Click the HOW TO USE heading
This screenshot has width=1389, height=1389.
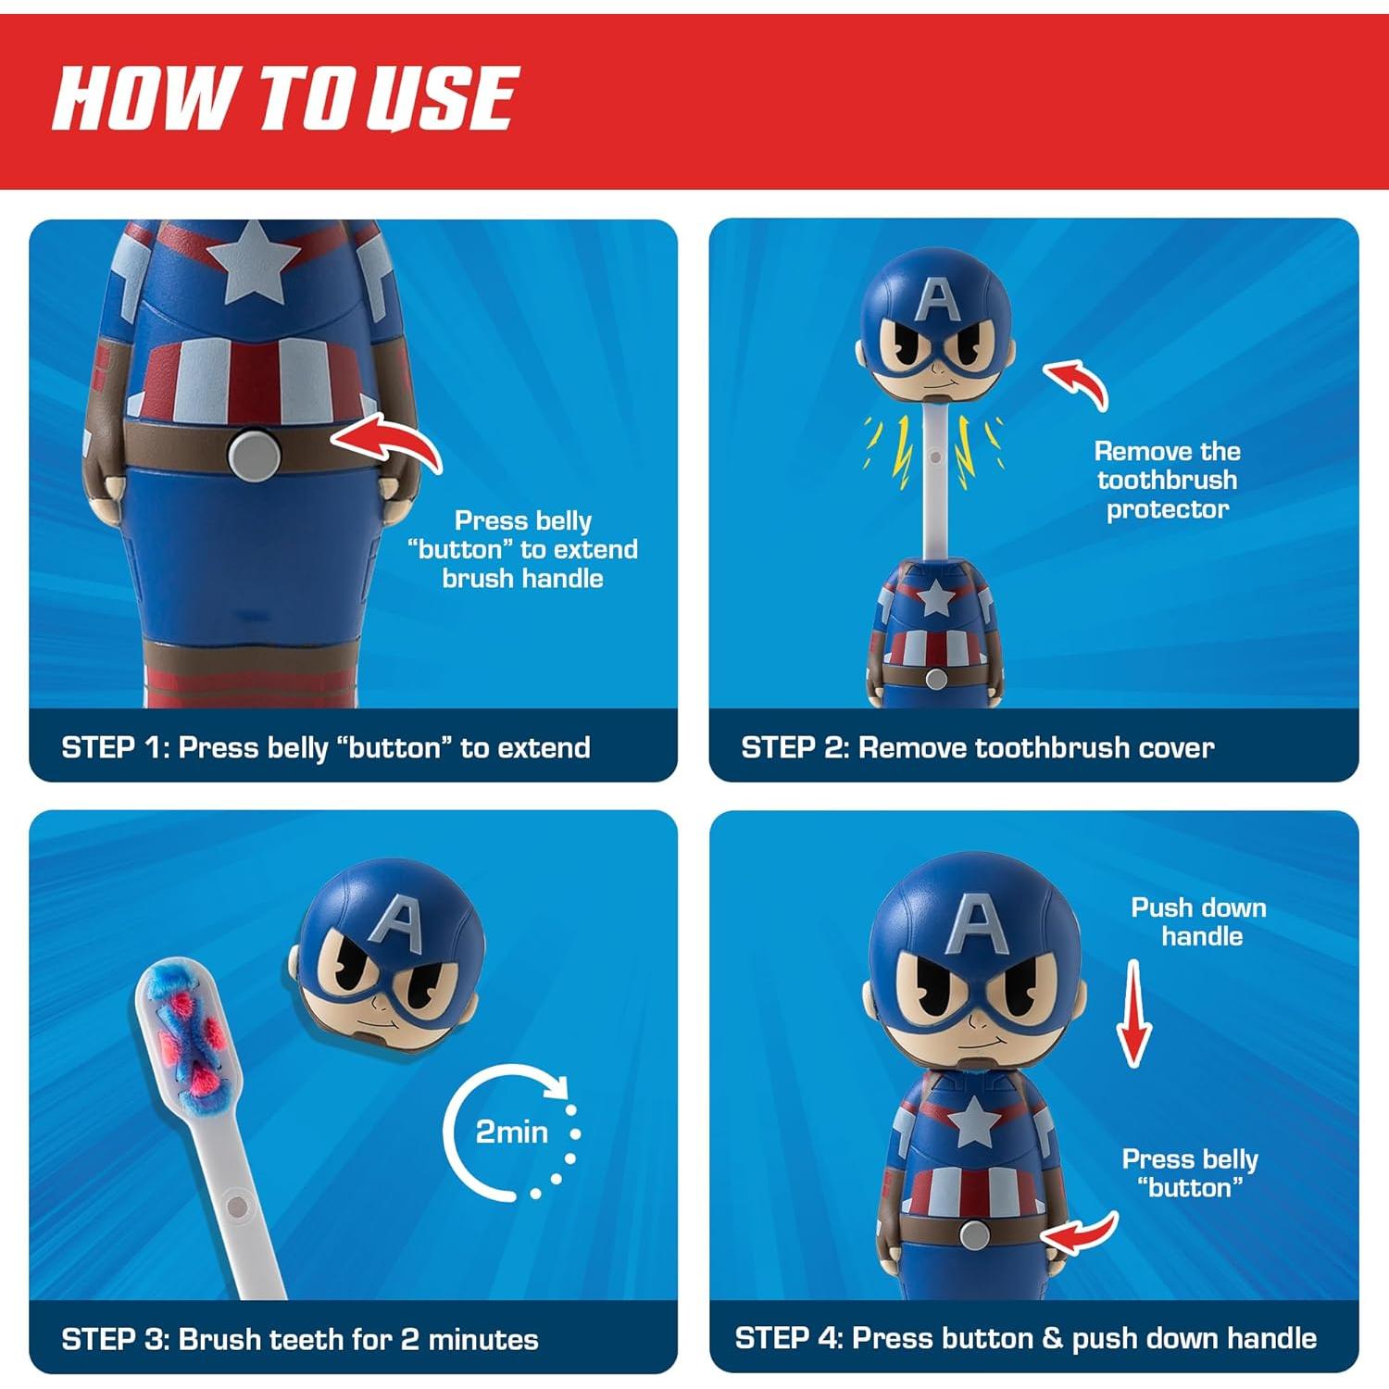[x=283, y=97]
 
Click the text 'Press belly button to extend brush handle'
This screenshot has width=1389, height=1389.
[x=523, y=549]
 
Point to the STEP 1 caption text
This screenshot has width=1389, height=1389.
[x=325, y=747]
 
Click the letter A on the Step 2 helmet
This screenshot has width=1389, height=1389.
[x=936, y=299]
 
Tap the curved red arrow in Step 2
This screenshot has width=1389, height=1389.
[x=1078, y=382]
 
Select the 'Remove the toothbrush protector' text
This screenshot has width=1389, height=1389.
[x=1167, y=480]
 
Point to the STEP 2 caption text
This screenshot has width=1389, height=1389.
[x=977, y=747]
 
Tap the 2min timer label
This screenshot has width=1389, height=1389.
[x=511, y=1132]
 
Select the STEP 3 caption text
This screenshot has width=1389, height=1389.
[x=299, y=1339]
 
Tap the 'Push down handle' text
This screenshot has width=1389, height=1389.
[x=1199, y=921]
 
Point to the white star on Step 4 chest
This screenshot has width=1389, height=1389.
[x=972, y=1124]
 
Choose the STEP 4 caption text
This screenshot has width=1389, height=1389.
[x=1025, y=1338]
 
